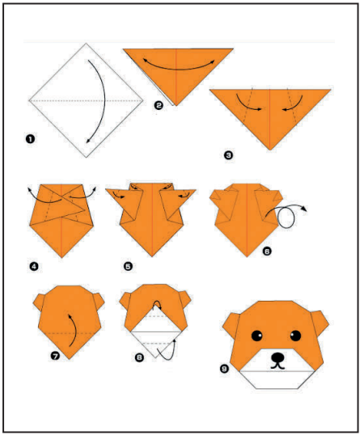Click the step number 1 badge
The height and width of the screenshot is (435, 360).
click(30, 139)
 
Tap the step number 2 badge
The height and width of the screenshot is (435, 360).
click(159, 105)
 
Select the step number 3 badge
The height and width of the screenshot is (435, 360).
click(228, 155)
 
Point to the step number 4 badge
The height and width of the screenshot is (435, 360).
click(34, 267)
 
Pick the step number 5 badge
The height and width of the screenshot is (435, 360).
click(128, 267)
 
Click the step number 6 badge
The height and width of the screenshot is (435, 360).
click(267, 251)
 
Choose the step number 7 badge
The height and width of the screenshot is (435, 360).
click(55, 356)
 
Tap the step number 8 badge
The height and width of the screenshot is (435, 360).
click(139, 357)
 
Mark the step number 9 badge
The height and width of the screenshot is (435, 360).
click(224, 369)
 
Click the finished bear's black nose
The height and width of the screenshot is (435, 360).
click(277, 357)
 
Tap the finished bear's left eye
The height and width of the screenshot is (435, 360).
click(257, 336)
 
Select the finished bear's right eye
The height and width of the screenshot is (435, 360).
click(295, 336)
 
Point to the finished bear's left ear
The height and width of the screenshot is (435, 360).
click(231, 324)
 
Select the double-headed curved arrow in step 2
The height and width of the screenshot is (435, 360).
click(179, 69)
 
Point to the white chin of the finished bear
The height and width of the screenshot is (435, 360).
click(277, 379)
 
